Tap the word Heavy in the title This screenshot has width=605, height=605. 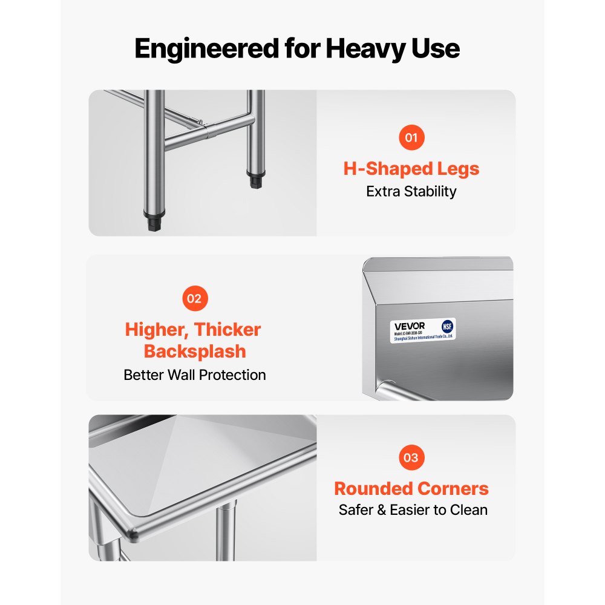pos(372,48)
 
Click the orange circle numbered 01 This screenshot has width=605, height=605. pos(411,137)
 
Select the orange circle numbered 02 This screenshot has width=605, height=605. pos(194,298)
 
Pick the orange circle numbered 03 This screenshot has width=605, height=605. pos(411,457)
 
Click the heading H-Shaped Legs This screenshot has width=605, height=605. pos(411,168)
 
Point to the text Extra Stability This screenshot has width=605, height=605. pos(411,192)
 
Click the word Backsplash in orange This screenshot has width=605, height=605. pos(194,351)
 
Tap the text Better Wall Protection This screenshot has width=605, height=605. pos(194,375)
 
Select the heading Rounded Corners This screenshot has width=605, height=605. pos(411,488)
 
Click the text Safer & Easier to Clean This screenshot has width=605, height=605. pos(413,510)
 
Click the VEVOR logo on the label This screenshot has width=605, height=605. pos(410,325)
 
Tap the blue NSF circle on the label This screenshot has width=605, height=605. pos(447,325)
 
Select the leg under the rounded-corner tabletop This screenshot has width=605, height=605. pos(226,532)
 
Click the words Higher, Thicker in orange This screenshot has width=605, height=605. pos(193,330)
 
